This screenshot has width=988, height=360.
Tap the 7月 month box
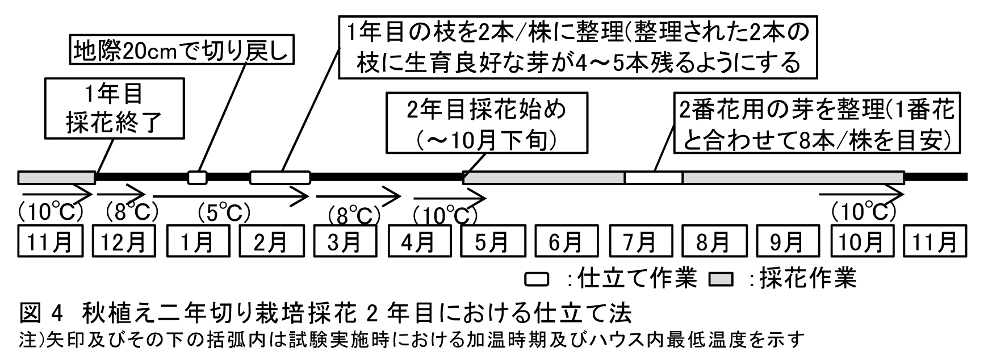coord(640,242)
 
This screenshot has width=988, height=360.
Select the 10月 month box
coord(861,242)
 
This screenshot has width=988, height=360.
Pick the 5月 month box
coord(492,242)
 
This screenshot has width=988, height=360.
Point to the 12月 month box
coord(123,242)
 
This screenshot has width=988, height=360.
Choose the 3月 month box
coord(345,242)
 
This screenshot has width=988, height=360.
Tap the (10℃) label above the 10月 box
coord(863,212)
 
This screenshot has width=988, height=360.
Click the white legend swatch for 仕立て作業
coord(536,279)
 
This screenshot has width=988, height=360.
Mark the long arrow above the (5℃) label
coord(230,197)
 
